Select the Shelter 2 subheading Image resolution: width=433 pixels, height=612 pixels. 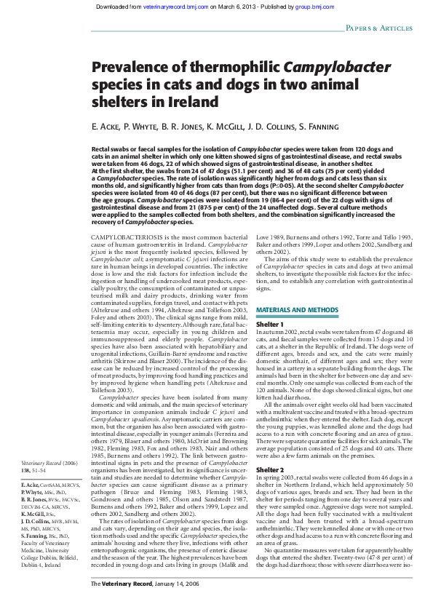click(269, 470)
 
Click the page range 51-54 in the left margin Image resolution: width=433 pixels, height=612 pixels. click(49, 470)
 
